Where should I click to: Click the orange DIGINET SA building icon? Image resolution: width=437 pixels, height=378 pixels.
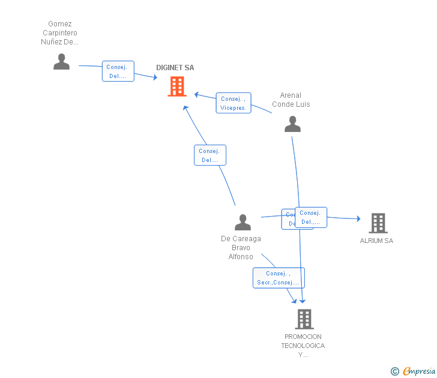click(x=177, y=86)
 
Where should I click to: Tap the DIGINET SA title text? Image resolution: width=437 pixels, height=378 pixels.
click(x=175, y=68)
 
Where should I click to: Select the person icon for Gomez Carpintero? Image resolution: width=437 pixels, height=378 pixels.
click(x=61, y=62)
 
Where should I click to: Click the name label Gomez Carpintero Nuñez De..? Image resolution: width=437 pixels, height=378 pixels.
click(x=59, y=33)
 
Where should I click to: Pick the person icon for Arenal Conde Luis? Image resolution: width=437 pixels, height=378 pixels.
click(x=292, y=124)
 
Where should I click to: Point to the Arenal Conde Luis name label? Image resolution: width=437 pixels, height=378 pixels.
click(x=291, y=100)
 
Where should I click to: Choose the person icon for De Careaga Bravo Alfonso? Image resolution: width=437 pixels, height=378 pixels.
click(x=243, y=223)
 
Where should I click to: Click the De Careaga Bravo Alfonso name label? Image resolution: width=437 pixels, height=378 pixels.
click(x=241, y=248)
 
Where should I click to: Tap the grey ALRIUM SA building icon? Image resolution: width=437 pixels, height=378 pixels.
click(x=378, y=223)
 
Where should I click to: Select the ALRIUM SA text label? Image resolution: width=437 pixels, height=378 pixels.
click(x=376, y=241)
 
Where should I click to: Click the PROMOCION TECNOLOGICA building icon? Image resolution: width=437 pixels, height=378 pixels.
click(x=304, y=319)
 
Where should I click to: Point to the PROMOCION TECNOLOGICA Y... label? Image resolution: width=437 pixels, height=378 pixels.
click(x=303, y=346)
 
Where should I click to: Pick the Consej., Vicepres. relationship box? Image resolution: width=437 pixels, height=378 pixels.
click(x=234, y=103)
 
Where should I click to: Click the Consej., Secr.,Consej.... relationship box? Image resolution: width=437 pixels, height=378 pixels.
click(x=279, y=278)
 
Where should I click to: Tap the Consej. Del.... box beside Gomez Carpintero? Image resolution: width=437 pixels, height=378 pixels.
click(x=118, y=71)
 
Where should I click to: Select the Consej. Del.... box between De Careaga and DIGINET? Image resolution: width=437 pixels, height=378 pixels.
click(x=210, y=155)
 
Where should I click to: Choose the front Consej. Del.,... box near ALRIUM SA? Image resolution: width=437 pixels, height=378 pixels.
click(x=311, y=217)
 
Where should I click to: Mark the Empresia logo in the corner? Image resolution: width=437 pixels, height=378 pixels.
click(x=419, y=371)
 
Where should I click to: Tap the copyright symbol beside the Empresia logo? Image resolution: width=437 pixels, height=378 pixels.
click(x=394, y=371)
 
